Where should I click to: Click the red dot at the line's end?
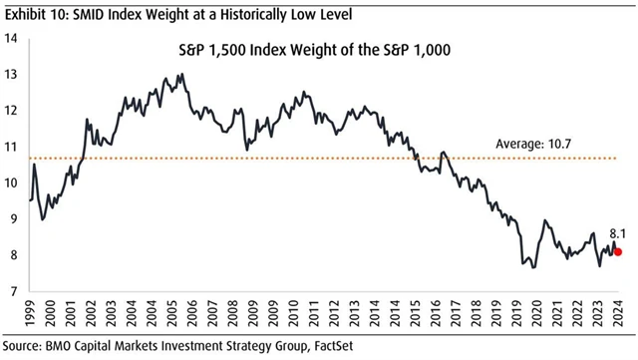point(618,252)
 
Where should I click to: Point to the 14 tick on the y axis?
point(13,38)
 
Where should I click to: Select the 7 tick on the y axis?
point(15,291)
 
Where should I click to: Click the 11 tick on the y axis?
point(13,147)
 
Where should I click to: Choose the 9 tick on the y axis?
point(15,219)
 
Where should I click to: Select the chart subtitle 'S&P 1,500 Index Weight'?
point(269,50)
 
